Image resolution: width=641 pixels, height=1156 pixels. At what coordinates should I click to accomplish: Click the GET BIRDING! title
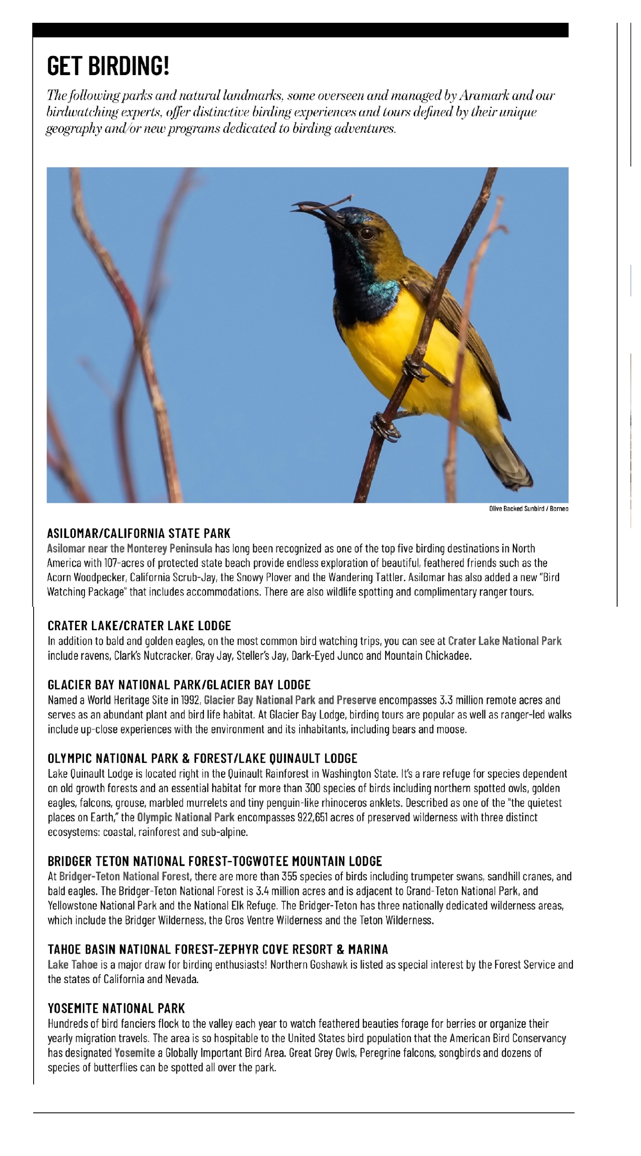point(108,66)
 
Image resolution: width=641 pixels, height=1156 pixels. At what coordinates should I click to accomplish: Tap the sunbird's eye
point(367,233)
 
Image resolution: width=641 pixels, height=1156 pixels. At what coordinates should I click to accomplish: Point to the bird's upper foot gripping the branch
point(413,366)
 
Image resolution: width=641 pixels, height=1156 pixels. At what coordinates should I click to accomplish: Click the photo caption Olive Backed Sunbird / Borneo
point(528,509)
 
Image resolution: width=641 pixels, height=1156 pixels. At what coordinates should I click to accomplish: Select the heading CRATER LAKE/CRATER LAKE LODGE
point(139,625)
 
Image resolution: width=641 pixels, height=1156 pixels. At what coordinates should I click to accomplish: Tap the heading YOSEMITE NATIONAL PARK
point(116,1008)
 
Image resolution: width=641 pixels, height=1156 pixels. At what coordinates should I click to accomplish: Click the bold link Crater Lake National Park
point(504,641)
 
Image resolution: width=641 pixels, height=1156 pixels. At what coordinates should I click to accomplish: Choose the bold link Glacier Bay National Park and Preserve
point(290,700)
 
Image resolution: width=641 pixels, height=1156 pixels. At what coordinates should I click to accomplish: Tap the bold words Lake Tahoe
point(72,964)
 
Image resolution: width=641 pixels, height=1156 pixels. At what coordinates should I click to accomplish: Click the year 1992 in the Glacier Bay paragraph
point(190,700)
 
